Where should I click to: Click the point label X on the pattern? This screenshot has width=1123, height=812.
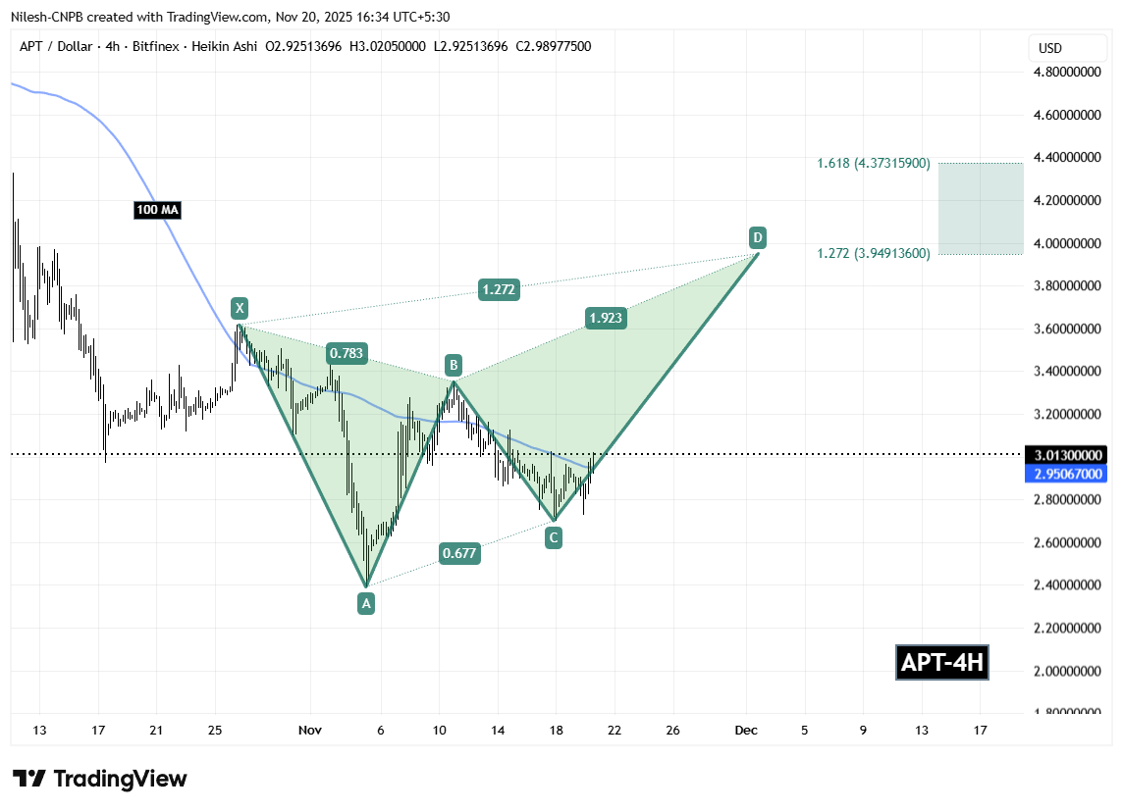click(x=239, y=308)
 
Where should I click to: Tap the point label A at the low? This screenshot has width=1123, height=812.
click(x=366, y=604)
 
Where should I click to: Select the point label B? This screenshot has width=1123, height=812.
click(x=453, y=365)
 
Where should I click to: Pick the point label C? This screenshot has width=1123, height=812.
click(x=555, y=536)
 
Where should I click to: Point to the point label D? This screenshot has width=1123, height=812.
click(x=757, y=236)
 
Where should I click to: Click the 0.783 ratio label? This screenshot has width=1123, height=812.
click(x=347, y=353)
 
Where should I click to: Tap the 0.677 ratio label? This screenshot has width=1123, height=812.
click(x=459, y=553)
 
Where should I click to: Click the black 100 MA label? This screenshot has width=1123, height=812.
click(x=157, y=210)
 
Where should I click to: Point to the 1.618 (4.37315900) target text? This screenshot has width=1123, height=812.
click(x=873, y=163)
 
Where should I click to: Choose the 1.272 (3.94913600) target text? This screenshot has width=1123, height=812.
click(x=873, y=254)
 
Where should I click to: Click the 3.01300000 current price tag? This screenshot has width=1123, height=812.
click(x=1067, y=455)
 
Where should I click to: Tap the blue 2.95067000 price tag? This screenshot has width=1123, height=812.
click(x=1067, y=474)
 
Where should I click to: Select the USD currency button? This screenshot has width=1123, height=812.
click(x=1050, y=48)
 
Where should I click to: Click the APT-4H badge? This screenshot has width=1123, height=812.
click(x=942, y=663)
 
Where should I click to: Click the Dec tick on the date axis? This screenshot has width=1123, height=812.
click(x=745, y=730)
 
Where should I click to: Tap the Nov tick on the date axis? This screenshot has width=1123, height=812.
click(x=310, y=730)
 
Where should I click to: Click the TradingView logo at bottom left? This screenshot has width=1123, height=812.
click(x=99, y=779)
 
